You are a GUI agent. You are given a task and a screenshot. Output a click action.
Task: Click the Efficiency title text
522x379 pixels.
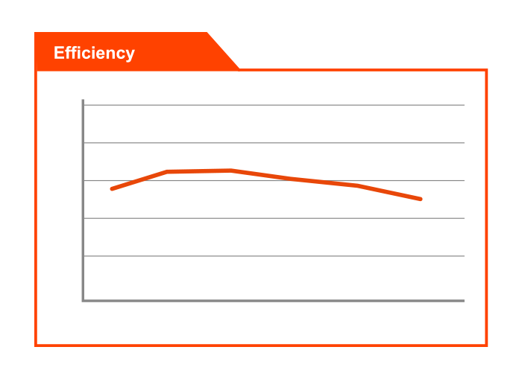click(94, 53)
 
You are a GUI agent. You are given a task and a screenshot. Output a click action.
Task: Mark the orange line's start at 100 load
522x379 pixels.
click(112, 189)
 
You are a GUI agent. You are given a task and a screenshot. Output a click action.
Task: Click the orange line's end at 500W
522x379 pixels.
click(421, 199)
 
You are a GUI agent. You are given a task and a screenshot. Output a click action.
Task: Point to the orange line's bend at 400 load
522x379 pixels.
click(359, 185)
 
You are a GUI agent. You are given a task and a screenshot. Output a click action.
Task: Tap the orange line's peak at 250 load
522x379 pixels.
click(231, 171)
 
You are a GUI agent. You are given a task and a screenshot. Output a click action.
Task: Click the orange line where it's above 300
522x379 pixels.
click(292, 178)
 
